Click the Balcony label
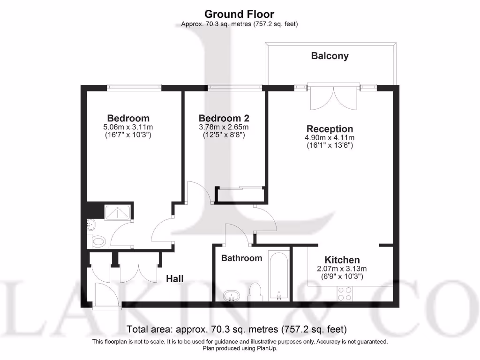[x=330, y=56]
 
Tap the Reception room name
[x=330, y=129]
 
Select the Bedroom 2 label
[x=224, y=118]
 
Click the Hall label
[x=175, y=279]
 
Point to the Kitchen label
[x=342, y=260]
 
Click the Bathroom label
[x=241, y=258]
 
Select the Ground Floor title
[x=240, y=14]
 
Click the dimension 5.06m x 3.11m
[x=128, y=127]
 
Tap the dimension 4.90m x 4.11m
[x=330, y=138]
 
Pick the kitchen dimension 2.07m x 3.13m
[x=342, y=269]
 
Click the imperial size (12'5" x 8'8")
[x=224, y=135]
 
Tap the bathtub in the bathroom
[x=279, y=277]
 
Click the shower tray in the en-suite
[x=119, y=212]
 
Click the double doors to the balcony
[x=334, y=97]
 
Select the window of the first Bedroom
[x=134, y=87]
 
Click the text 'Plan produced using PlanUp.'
[x=240, y=349]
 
